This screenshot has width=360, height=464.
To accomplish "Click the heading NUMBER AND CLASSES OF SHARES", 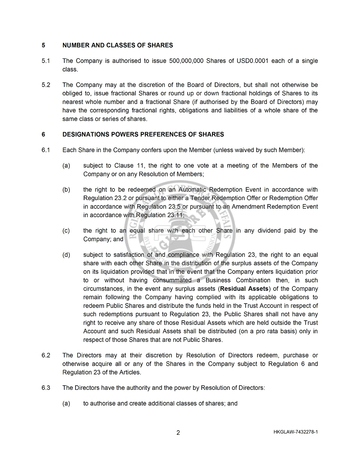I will coord(117,45).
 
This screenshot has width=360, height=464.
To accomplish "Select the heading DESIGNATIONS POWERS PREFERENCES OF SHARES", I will coord(143,134).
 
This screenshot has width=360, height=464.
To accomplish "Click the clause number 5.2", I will coord(45,85).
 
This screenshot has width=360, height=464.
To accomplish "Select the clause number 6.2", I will coord(45,356).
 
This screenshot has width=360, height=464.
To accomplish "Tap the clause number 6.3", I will coord(45,388).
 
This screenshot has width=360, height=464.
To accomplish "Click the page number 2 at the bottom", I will coord(178,433).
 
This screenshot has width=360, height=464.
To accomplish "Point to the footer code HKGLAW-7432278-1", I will coord(295,433).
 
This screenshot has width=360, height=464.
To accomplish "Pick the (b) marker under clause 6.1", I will coord(66,190).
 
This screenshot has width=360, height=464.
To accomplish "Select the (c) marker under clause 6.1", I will coord(66,231).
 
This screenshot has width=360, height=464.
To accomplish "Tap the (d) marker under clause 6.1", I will coord(66,255).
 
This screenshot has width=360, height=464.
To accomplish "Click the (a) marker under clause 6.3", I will coord(66,404).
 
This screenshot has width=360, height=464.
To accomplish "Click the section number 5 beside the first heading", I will coord(43,45).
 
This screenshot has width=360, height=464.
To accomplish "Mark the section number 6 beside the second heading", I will coord(43,134).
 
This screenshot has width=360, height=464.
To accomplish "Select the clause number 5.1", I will coord(45,61).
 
